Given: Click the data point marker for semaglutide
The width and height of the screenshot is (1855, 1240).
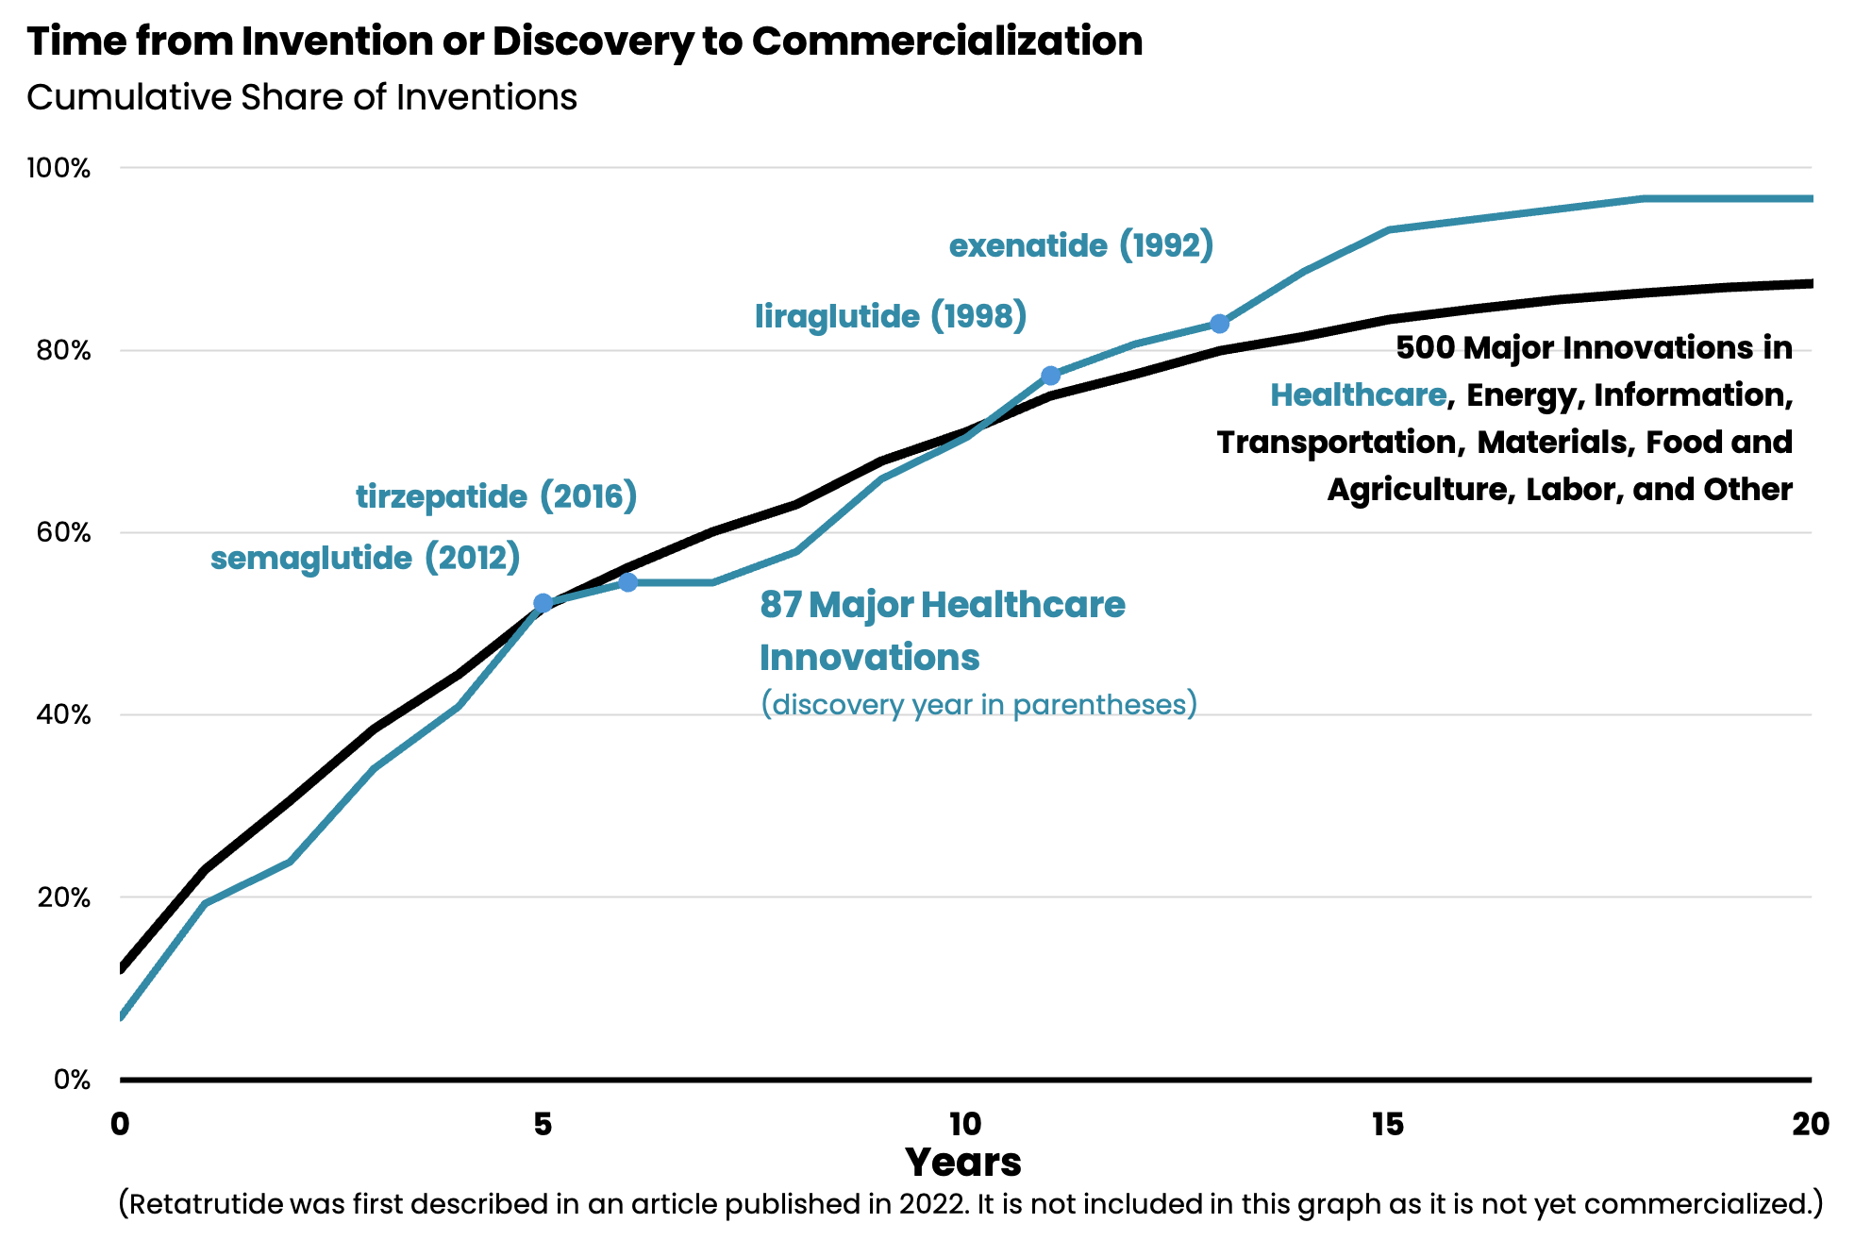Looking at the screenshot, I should (543, 603).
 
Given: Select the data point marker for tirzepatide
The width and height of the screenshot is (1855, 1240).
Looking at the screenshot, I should (627, 582).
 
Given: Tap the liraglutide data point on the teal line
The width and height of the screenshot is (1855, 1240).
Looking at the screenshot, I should (1050, 376).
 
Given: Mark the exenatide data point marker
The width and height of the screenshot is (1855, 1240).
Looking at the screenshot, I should (1219, 324).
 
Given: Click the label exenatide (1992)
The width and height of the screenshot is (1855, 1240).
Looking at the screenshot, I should (1080, 245).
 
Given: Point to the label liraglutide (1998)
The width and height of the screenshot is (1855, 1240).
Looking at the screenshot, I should (890, 316).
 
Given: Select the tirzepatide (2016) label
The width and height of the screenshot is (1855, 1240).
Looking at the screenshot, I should (496, 496).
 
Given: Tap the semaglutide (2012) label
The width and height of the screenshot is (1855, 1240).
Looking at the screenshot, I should (365, 558).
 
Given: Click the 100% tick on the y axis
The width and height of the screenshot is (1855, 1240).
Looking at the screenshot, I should (58, 169).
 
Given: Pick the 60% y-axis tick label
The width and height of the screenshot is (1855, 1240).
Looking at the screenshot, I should (63, 533).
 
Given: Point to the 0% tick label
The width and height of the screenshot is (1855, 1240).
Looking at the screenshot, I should (72, 1080).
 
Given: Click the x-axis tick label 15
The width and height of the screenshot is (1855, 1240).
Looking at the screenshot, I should (1387, 1124).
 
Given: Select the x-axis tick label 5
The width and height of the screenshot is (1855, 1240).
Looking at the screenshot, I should (543, 1124).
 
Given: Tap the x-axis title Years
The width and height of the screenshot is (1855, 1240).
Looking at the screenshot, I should (962, 1163).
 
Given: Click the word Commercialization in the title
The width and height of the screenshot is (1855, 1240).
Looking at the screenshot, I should (946, 42).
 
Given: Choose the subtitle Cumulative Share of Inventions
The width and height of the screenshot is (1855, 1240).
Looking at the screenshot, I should (302, 97).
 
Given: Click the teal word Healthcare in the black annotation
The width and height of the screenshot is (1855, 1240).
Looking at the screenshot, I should (1358, 394).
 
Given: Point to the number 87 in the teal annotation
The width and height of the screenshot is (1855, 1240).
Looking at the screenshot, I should (780, 605).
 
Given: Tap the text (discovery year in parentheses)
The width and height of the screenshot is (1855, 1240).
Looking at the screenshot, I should (978, 705).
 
